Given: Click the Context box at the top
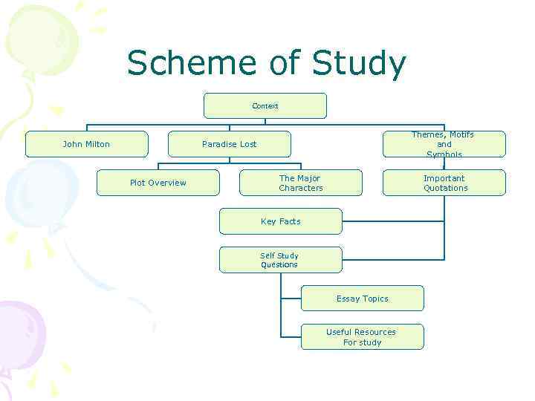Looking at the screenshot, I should tap(265, 106).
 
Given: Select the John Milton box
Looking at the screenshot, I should tap(86, 144).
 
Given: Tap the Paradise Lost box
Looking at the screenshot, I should tap(229, 144).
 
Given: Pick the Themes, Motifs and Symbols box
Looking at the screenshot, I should tap(444, 144).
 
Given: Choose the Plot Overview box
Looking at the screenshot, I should tap(158, 183).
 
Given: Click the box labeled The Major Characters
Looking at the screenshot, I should tap(300, 183).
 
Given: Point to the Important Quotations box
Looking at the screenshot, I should tap(444, 183).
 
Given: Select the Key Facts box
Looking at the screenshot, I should tap(280, 221).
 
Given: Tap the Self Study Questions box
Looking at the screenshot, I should tap(280, 260).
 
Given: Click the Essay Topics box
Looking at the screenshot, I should tap(362, 299).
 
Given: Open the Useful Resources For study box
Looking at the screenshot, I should tap(362, 337).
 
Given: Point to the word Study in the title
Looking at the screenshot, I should tap(359, 64).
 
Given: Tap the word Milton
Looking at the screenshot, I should tap(98, 144).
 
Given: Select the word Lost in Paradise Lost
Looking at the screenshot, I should tap(247, 144).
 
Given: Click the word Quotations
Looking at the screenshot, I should tap(446, 188).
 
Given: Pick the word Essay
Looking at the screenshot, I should tap(348, 299).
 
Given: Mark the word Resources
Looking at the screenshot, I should tap(375, 332).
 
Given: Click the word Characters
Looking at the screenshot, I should tap(301, 188).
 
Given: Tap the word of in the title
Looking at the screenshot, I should tap(284, 64).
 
